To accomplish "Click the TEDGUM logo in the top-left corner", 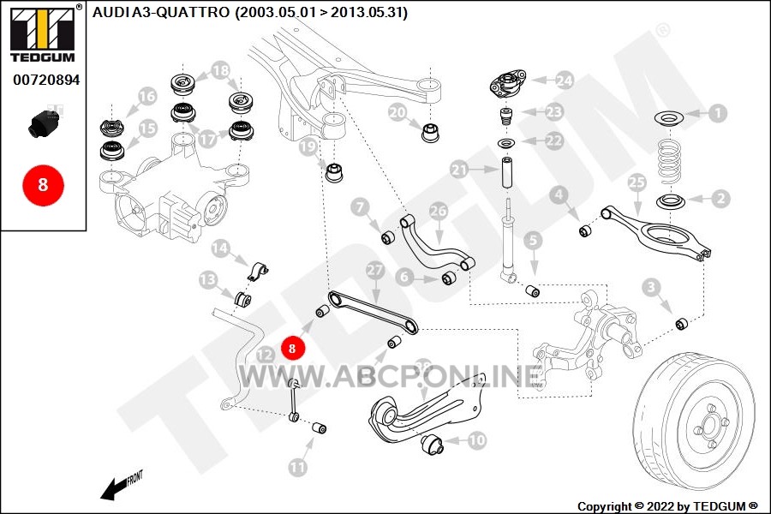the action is [x=44, y=33].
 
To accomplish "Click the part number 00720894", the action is [x=46, y=80].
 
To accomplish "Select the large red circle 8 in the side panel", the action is [x=44, y=185].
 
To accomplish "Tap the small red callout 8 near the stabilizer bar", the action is [x=293, y=349].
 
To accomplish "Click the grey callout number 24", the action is [x=565, y=81].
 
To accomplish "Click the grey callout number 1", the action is [x=717, y=113].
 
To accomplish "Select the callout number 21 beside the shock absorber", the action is [x=459, y=170].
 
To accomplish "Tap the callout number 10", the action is [x=477, y=440].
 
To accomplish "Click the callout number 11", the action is [x=297, y=467].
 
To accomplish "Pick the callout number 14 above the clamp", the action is [x=220, y=248].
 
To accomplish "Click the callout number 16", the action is [x=146, y=97].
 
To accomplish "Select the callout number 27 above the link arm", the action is [x=374, y=270].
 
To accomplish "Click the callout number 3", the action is [x=652, y=287].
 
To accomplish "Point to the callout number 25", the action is [x=637, y=182].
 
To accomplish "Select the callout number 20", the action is [x=397, y=112].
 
